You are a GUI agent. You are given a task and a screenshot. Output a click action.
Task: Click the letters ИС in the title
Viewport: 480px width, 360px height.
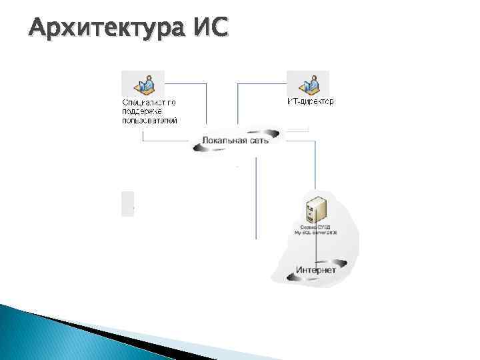click(210, 28)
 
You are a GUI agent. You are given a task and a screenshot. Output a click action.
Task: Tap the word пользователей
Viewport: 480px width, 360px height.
click(149, 121)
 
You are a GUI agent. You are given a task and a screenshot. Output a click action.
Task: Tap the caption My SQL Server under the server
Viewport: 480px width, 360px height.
click(315, 234)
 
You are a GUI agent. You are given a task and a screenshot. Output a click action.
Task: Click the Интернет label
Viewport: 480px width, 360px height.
click(315, 270)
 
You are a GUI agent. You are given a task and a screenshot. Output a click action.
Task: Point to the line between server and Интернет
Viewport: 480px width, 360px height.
click(316, 248)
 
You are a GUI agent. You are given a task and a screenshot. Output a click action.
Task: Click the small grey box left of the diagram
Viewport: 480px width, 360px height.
click(127, 203)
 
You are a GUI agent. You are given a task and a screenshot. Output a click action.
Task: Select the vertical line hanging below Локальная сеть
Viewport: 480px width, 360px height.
click(257, 200)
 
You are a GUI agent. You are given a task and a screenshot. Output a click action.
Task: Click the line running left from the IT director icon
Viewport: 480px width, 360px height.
click(260, 84)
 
